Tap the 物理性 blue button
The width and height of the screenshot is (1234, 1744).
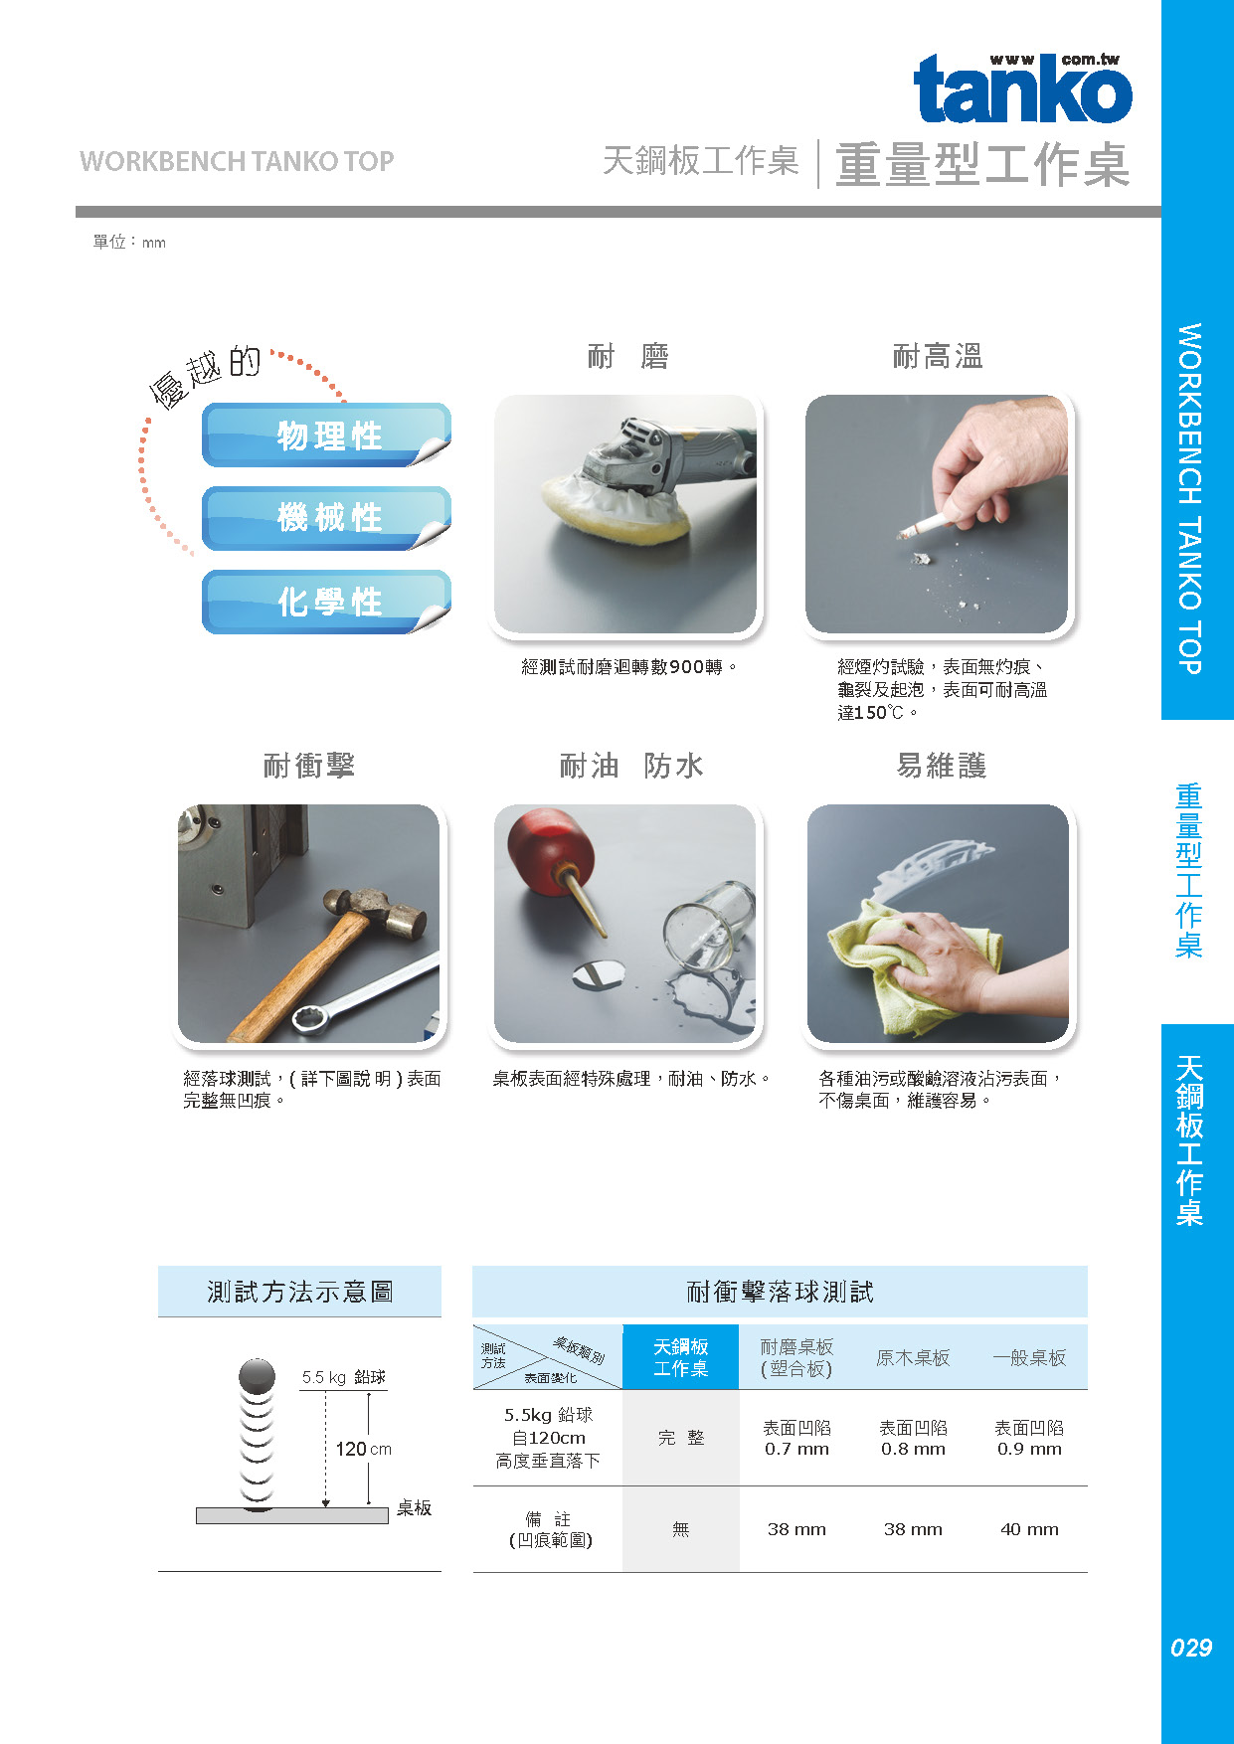[326, 436]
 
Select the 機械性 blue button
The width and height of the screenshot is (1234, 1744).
[326, 518]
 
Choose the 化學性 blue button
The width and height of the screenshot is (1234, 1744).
[326, 602]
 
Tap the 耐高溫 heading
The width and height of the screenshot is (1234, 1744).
[938, 356]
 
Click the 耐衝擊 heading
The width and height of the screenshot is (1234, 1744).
[308, 766]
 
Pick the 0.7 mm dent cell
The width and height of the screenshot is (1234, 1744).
[796, 1439]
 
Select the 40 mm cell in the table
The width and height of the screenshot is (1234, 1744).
[1029, 1529]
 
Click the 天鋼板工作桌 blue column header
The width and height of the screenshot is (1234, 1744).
[681, 1357]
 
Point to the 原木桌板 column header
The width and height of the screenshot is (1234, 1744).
[913, 1358]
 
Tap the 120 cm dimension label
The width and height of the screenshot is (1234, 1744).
[363, 1450]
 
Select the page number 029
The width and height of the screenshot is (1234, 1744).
[1191, 1648]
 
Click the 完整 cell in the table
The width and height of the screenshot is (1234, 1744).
[681, 1438]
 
